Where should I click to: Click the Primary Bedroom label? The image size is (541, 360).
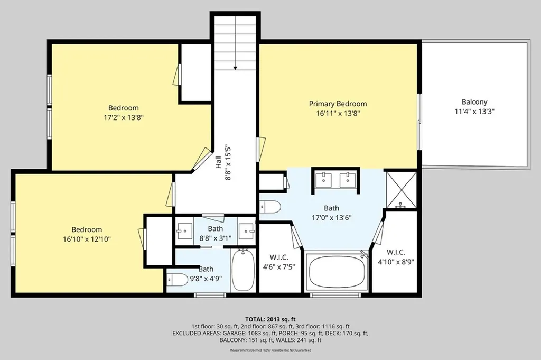pyautogui.click(x=338, y=104)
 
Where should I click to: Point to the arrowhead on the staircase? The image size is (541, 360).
pyautogui.click(x=235, y=68)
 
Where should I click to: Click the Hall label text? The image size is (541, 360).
pyautogui.click(x=218, y=162)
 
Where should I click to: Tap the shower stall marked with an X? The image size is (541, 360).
pyautogui.click(x=400, y=189)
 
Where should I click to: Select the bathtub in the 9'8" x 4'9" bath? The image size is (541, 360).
pyautogui.click(x=243, y=271)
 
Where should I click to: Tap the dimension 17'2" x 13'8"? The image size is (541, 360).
pyautogui.click(x=124, y=117)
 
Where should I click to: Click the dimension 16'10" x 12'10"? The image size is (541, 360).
pyautogui.click(x=87, y=239)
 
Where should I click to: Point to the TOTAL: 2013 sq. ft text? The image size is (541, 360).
pyautogui.click(x=270, y=319)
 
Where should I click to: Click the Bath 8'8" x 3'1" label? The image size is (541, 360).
pyautogui.click(x=216, y=233)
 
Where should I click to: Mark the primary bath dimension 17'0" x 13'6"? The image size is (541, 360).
pyautogui.click(x=331, y=217)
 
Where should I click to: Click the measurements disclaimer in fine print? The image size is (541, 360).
pyautogui.click(x=270, y=350)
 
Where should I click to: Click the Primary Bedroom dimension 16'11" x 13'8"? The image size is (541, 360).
pyautogui.click(x=338, y=113)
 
